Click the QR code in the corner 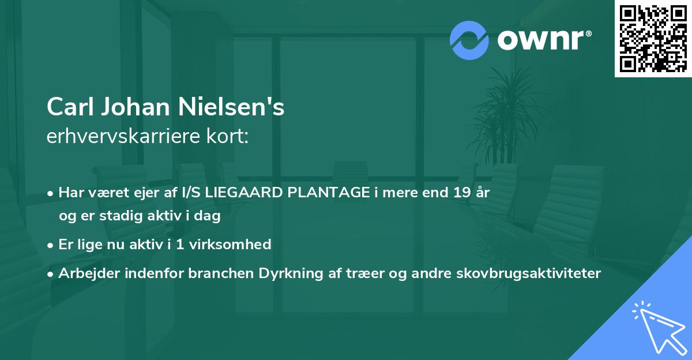653,38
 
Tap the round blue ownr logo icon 469,40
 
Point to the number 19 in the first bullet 460,193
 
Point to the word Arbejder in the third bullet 85,274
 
